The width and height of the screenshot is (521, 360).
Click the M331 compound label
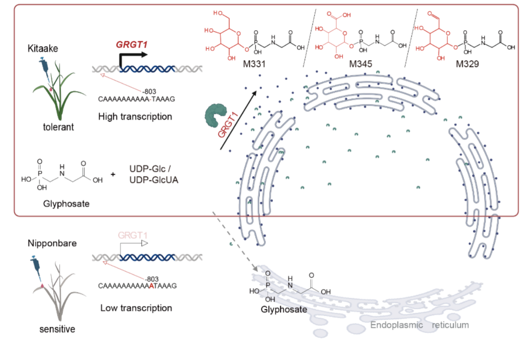pos(254,64)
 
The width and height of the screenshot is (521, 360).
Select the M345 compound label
pos(361,64)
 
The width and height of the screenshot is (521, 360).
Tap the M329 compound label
pos(467,64)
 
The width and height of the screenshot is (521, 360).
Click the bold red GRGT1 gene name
pos(132,45)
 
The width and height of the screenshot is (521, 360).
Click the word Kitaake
pos(43,48)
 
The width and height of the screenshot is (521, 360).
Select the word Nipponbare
pos(52,243)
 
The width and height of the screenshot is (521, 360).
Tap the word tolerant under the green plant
pos(58,127)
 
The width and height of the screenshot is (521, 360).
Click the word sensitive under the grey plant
pos(57,329)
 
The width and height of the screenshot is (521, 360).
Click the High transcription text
pos(135,117)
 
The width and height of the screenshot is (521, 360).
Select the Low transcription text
pos(136,308)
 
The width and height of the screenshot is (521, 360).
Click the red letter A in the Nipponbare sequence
pos(151,286)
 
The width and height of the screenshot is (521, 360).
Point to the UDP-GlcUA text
pos(154,180)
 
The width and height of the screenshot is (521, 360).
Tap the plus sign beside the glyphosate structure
pos(113,174)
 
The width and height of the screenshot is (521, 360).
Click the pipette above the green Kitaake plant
pos(45,69)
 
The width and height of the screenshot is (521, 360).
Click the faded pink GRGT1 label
pos(132,236)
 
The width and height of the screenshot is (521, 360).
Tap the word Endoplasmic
pos(397,325)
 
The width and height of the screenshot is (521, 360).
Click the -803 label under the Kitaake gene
pos(149,92)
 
